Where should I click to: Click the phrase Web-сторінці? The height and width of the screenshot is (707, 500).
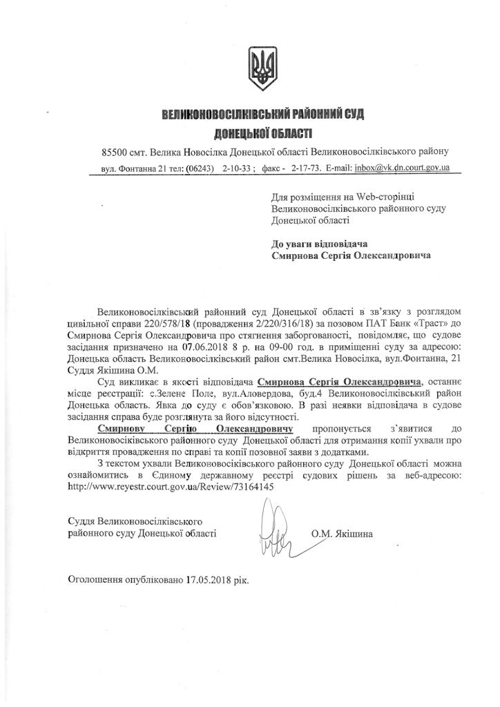pos(384,196)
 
